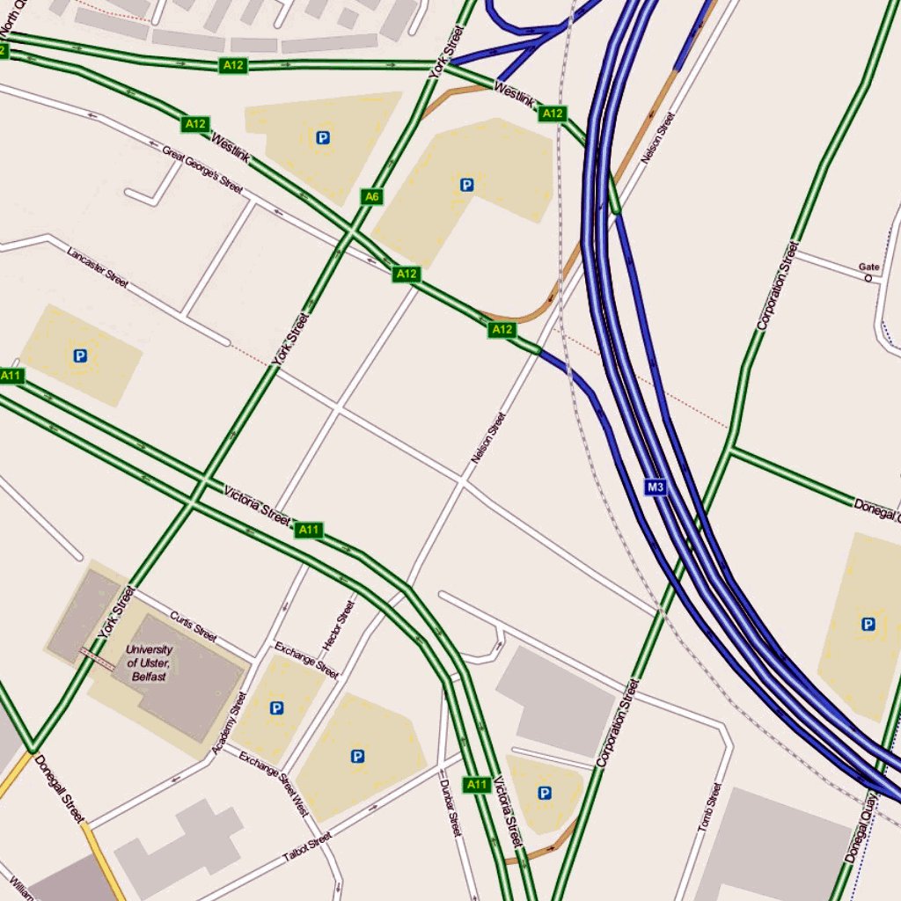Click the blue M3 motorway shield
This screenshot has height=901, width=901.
pos(654,487)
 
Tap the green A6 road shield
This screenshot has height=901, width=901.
pos(371,197)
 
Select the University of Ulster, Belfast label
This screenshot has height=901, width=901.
pos(150,663)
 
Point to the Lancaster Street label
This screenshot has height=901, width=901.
pos(98,267)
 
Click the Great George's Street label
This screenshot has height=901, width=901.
pos(201,169)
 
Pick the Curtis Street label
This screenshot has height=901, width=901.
pos(194,626)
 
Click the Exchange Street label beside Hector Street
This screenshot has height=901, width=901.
pos(306,660)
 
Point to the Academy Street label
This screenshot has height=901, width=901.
pos(230,722)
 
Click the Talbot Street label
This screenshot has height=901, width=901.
pos(307,846)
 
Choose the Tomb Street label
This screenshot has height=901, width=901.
pos(709,808)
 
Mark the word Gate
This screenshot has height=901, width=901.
pos(868,267)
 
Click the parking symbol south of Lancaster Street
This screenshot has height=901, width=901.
pos(80,356)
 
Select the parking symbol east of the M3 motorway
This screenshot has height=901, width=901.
pos(868,625)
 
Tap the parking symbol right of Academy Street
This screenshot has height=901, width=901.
pos(277,707)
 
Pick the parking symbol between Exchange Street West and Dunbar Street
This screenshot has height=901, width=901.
pos(357,756)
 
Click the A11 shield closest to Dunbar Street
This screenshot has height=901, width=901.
pos(476,784)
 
